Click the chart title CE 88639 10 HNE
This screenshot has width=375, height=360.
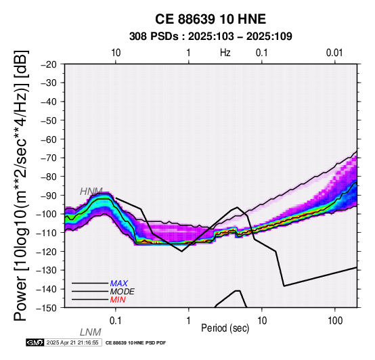click(x=211, y=19)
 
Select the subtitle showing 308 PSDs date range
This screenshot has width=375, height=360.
click(x=211, y=37)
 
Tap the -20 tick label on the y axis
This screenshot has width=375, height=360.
click(x=49, y=64)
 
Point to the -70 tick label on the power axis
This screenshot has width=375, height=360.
click(x=49, y=158)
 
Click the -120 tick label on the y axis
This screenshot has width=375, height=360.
click(x=47, y=251)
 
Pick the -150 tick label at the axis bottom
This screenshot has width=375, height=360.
click(x=47, y=308)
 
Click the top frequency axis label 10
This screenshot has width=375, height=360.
click(x=116, y=53)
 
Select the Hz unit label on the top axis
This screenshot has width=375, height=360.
click(x=225, y=53)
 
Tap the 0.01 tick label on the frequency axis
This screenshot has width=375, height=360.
click(x=334, y=53)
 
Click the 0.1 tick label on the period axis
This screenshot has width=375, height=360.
click(x=116, y=321)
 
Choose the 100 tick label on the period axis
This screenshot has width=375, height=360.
click(x=335, y=321)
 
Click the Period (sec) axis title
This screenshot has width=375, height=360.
click(x=225, y=328)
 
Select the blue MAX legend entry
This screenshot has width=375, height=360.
click(x=118, y=284)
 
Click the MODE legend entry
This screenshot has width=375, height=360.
click(x=122, y=292)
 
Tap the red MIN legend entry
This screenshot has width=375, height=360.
click(x=118, y=300)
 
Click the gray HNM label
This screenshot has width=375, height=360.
click(x=91, y=192)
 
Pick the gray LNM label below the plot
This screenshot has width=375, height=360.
click(x=91, y=332)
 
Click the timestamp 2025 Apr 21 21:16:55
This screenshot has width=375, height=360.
click(x=72, y=342)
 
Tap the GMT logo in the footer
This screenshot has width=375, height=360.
click(x=35, y=342)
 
